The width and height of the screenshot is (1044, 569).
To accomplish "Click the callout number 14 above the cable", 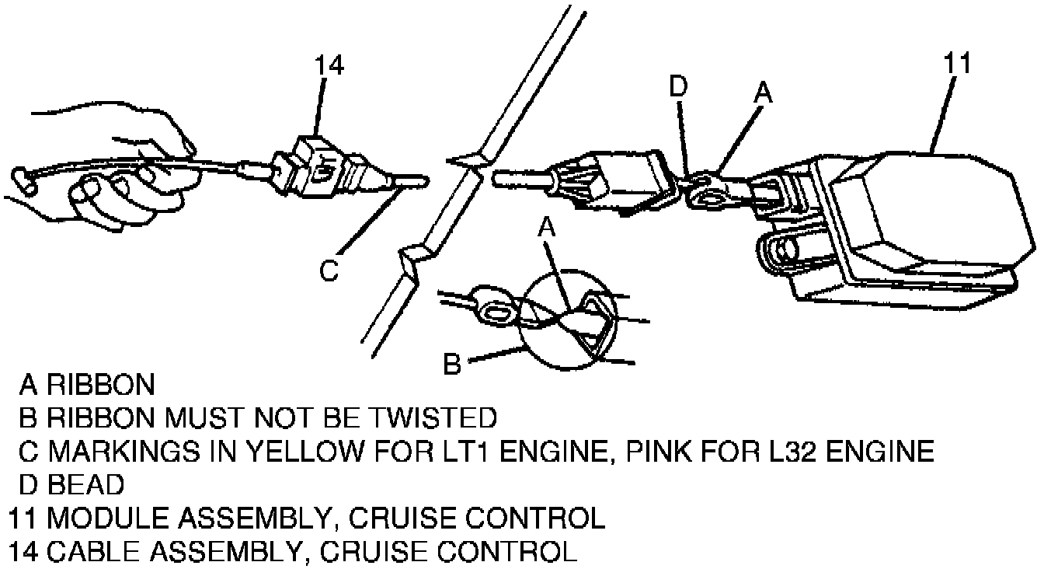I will coord(329,66).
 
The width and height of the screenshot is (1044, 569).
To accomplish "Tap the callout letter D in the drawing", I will coord(679,87).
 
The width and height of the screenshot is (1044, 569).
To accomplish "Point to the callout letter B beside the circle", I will coord(452,362).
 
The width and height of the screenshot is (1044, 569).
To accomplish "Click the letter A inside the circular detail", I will coord(548,226).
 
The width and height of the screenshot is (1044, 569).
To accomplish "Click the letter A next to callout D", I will coord(764,93).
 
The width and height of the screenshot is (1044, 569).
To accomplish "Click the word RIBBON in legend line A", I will coord(101,384).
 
